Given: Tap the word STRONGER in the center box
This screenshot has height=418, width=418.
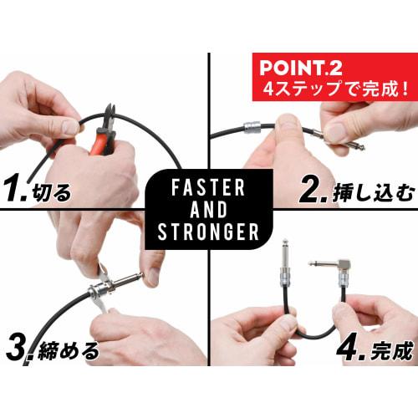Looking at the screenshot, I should (x=208, y=231).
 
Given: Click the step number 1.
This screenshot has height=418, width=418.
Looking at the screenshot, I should (x=17, y=191).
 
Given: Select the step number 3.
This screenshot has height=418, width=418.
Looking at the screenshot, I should (x=18, y=347).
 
